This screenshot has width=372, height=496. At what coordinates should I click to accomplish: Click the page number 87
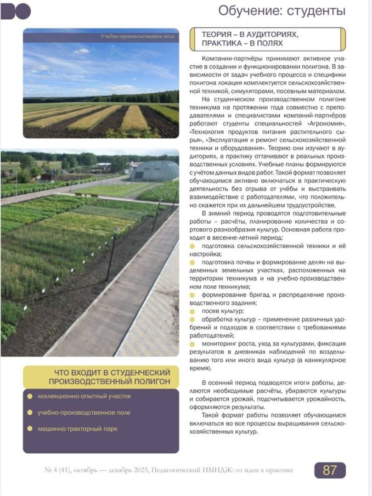point(330,470)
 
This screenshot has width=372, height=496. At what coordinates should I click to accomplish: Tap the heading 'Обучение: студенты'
point(282,11)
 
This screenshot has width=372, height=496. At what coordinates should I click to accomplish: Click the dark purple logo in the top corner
point(16,11)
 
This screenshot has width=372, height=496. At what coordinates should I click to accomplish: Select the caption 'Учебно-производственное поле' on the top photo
point(137,36)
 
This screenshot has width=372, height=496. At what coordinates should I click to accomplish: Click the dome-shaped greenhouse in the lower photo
point(153,170)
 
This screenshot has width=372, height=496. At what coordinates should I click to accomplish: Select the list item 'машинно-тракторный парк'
point(77,429)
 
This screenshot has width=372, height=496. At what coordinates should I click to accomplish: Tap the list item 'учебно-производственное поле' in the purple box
point(84,412)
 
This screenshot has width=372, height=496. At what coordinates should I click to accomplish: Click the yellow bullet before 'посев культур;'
point(192,311)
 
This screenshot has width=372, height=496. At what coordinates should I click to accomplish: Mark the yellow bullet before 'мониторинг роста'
point(192,344)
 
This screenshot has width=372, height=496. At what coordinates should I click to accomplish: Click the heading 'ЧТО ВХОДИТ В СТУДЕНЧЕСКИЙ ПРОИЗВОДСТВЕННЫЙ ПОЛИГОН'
point(109,377)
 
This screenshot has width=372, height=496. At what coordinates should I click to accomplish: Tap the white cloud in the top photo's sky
point(82,51)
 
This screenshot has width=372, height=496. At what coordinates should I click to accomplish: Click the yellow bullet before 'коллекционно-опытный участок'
point(30,396)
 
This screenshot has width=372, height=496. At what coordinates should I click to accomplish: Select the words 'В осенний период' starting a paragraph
point(225,382)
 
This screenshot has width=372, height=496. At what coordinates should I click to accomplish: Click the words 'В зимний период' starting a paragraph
point(223,213)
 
